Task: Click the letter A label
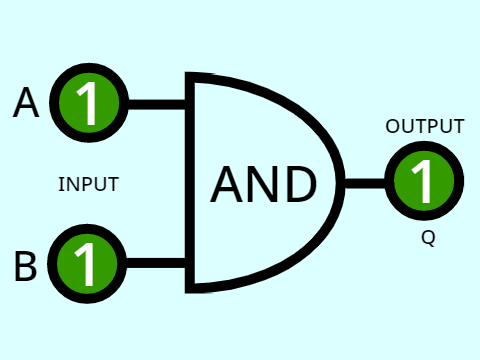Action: click(26, 102)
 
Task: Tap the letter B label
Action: click(26, 266)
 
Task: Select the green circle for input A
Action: click(89, 103)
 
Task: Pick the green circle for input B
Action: click(87, 263)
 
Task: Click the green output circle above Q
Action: click(424, 181)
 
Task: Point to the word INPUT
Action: click(89, 184)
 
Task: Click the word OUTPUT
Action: click(425, 126)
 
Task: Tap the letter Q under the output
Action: click(428, 238)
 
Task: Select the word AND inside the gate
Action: click(263, 184)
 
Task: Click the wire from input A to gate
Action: click(157, 104)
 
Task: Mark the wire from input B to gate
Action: click(156, 263)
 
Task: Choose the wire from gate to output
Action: click(365, 183)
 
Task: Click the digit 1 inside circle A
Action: click(87, 103)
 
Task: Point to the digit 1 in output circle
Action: click(422, 181)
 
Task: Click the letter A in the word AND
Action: click(226, 184)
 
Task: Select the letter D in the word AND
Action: click(301, 184)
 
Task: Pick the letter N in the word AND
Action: click(263, 184)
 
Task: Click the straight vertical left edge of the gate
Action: click(190, 183)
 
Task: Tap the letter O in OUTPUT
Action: click(392, 126)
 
